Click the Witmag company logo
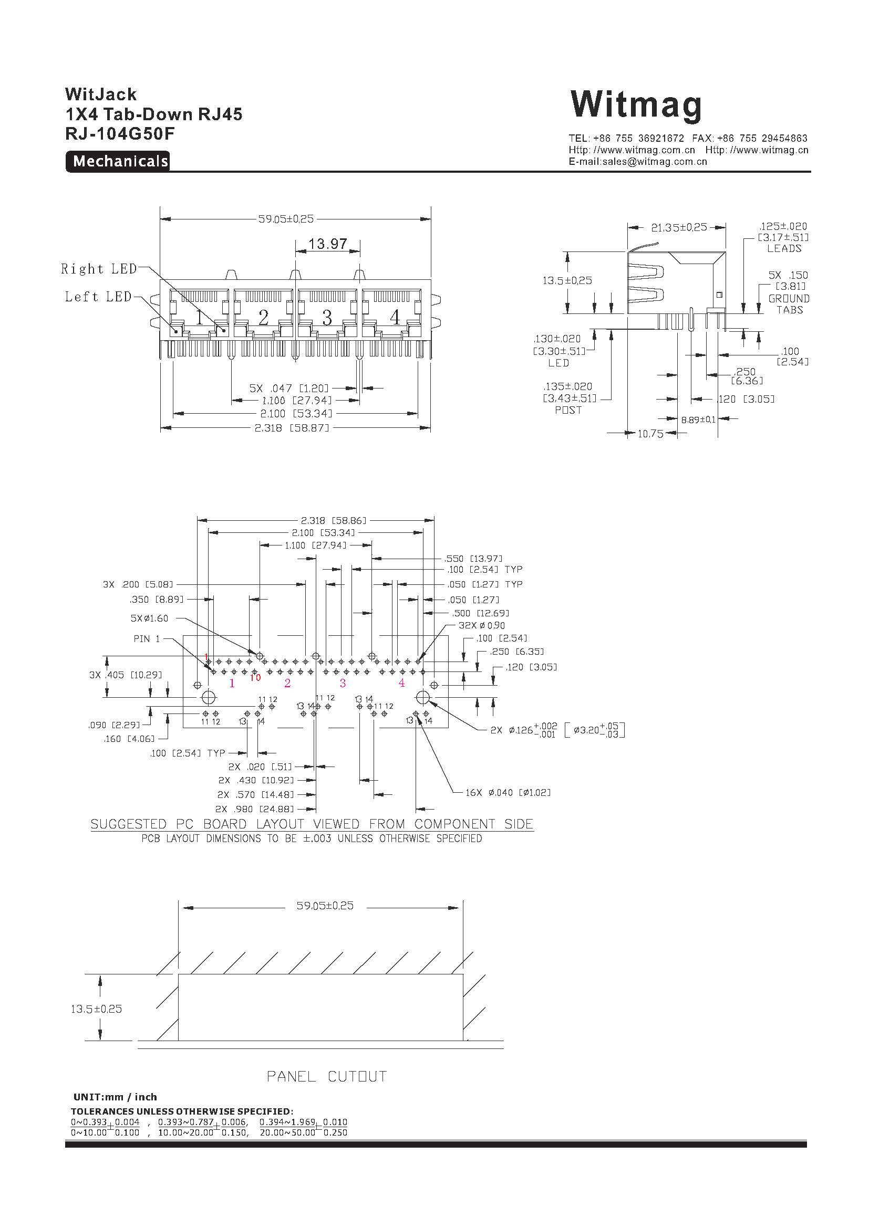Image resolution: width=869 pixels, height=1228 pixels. [x=636, y=105]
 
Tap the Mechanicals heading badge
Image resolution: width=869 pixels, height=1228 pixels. [x=118, y=161]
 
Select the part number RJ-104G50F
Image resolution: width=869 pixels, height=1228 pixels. [x=119, y=134]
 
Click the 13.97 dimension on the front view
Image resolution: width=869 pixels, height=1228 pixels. [x=328, y=244]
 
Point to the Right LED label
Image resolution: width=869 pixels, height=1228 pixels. [x=99, y=268]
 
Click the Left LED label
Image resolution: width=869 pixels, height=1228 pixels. [x=98, y=296]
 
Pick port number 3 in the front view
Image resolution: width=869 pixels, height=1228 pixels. [x=327, y=318]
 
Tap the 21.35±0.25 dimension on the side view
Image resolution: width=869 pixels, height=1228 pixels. [x=679, y=227]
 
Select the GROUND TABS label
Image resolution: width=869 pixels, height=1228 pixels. [x=789, y=305]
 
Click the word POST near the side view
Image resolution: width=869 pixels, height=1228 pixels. [x=568, y=410]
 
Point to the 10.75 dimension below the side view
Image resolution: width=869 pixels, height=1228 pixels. [x=650, y=434]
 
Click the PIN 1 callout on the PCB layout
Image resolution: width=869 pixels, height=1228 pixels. [x=147, y=638]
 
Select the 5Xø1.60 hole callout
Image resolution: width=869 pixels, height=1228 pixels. [x=149, y=618]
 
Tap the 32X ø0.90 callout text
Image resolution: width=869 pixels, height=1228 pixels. [x=482, y=625]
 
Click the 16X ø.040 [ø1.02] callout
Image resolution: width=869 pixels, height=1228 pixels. [x=508, y=792]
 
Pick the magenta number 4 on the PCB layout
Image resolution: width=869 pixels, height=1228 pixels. [x=401, y=683]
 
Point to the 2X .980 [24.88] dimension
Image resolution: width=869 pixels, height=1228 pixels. [x=255, y=809]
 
